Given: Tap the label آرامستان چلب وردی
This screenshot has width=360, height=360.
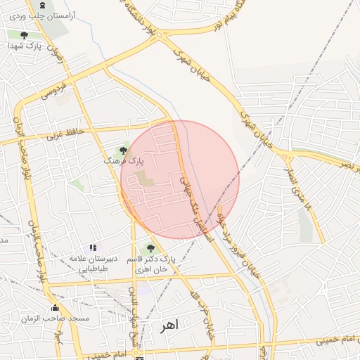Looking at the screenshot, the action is coord(41,15).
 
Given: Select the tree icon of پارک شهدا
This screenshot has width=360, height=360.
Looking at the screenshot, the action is coord(25,35).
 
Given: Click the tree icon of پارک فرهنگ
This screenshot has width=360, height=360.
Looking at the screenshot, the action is coord(123,150).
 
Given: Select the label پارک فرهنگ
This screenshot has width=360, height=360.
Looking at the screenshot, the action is coord(124,161).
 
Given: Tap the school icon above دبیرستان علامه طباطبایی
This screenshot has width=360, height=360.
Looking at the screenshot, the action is coord(93,247).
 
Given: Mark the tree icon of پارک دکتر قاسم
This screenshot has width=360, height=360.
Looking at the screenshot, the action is coord(149,248).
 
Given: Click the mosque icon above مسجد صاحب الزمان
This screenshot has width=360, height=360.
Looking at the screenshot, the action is coord(55,307).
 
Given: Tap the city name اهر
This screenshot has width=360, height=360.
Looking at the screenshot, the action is coord(169,326).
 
